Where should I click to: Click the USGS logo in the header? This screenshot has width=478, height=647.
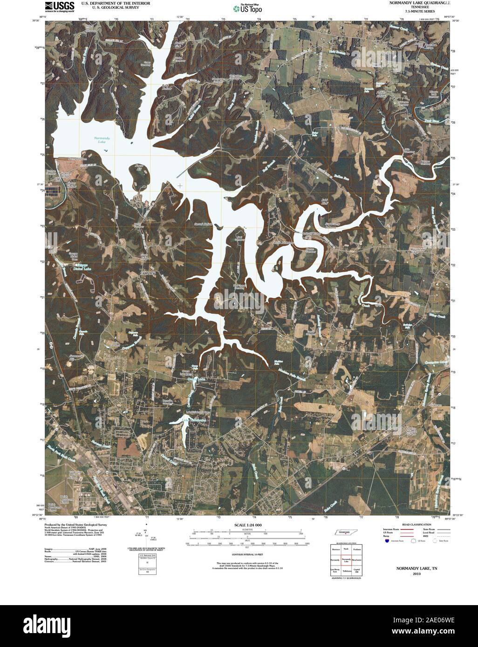(59, 7)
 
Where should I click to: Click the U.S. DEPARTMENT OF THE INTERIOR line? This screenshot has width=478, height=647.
(116, 3)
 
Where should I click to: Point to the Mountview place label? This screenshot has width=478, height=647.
(417, 250)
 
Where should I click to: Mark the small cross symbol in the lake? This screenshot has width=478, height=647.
(180, 186)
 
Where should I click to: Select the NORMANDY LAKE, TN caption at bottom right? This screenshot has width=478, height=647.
(417, 569)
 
